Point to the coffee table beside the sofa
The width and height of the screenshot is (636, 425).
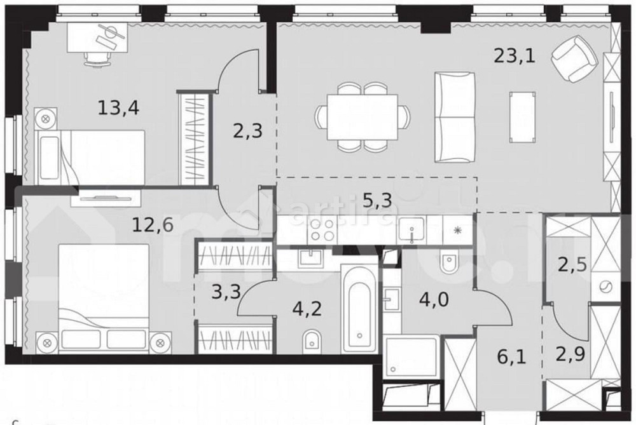[x=522, y=116]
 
